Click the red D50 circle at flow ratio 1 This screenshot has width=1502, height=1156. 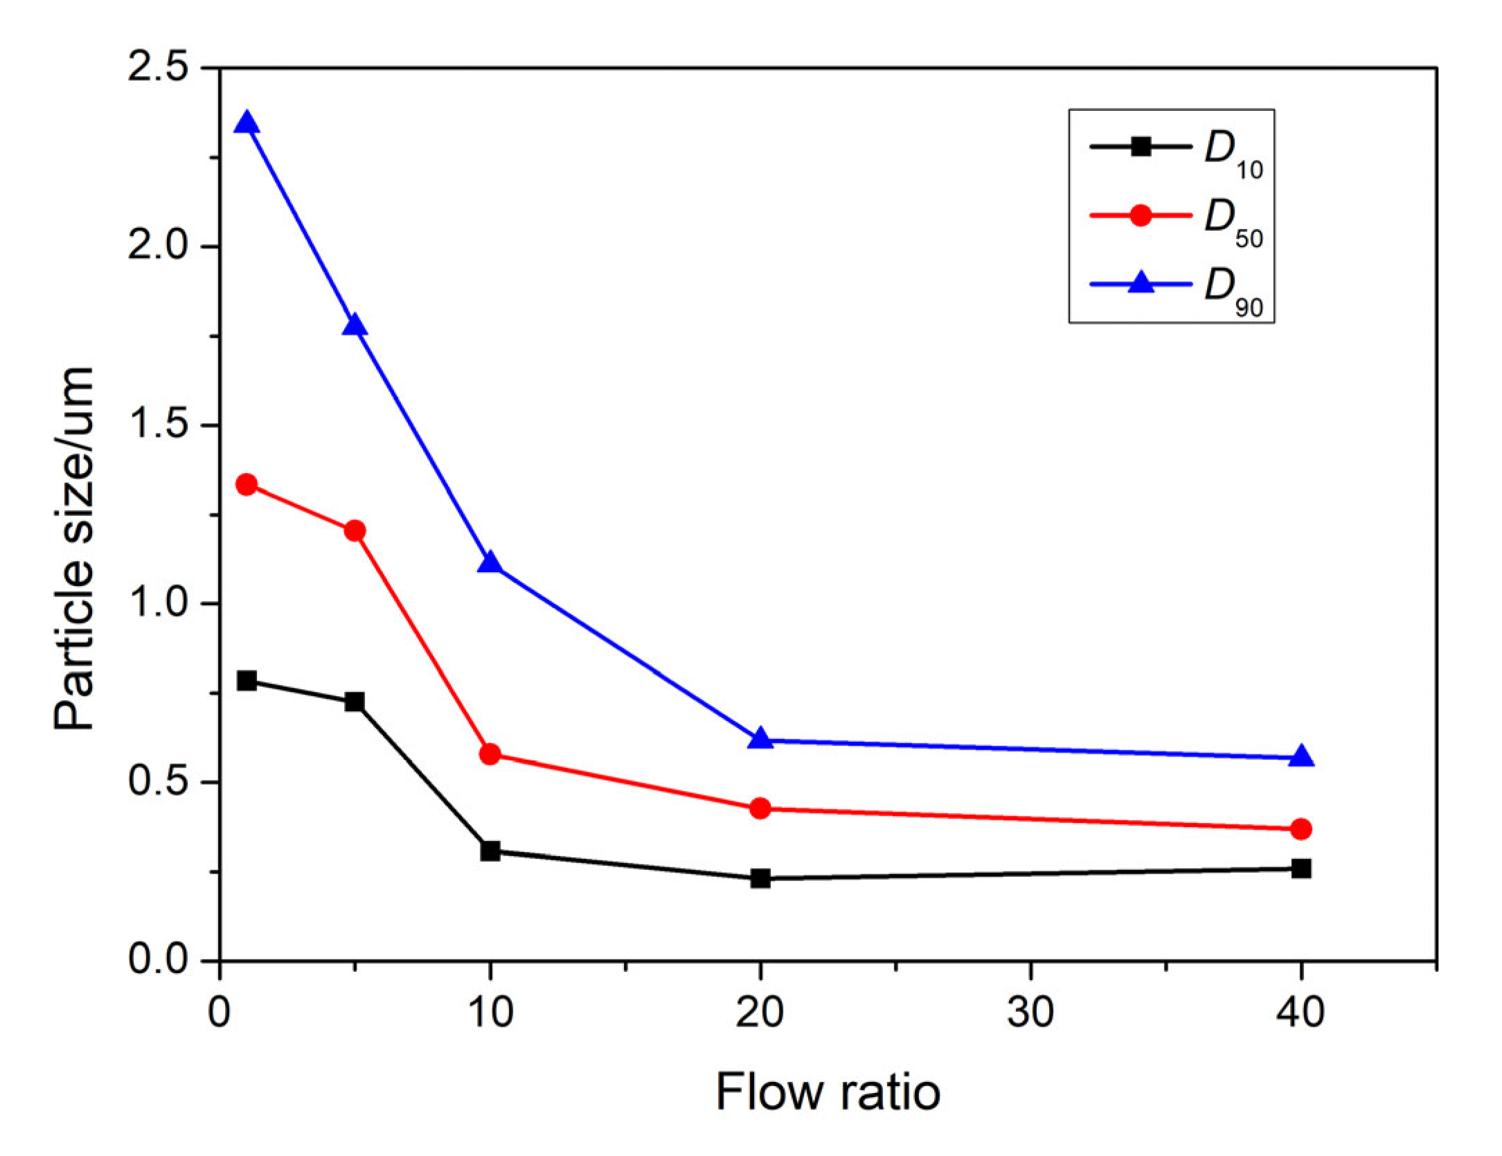coord(247,484)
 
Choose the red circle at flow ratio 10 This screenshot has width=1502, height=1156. coord(490,754)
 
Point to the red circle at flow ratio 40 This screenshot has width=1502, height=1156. coord(1301,829)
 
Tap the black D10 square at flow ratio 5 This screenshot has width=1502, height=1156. coord(355,702)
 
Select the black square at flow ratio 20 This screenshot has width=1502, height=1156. coord(760,878)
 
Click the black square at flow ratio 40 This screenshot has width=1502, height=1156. coord(1301,868)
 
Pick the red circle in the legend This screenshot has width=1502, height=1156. coord(1141,215)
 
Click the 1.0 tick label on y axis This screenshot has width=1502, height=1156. coord(158,603)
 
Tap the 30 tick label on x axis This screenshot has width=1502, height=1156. coord(1030,1012)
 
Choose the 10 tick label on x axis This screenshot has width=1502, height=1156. coord(490,1012)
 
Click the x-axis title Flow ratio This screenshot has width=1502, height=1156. coord(828,1092)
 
